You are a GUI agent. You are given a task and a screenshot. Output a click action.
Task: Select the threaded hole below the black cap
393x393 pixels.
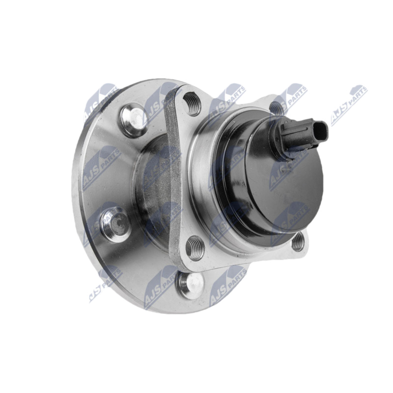coord(298,241)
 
